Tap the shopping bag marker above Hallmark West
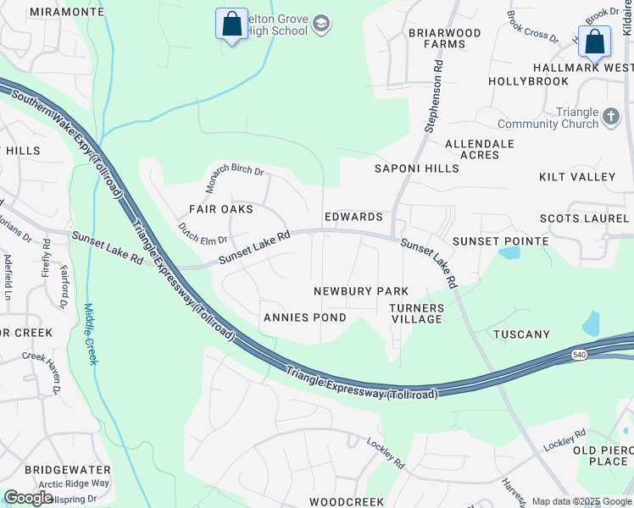(x=595, y=40)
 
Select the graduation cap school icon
(x=320, y=25)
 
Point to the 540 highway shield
(x=579, y=354)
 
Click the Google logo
(x=28, y=498)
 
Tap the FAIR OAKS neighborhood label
(x=220, y=209)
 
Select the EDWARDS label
(x=353, y=217)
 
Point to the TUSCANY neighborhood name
(x=521, y=334)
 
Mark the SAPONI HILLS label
(x=417, y=168)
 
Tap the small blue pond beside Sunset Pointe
(x=509, y=252)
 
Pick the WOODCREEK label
(x=346, y=502)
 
